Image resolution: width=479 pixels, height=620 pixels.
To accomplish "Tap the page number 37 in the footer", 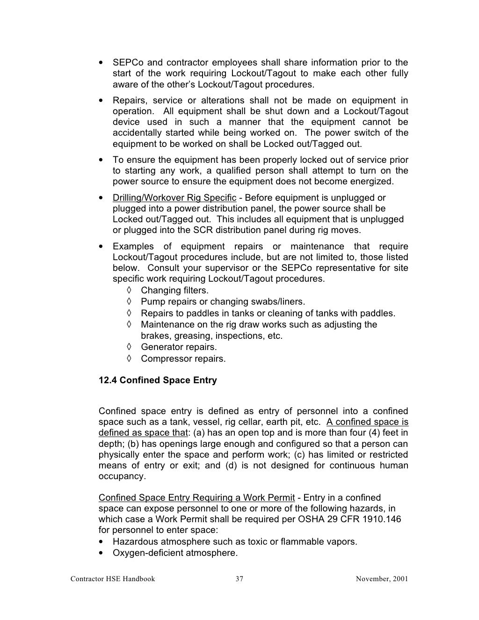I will (239, 579).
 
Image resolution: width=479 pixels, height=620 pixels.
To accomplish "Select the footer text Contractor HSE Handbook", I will (112, 579).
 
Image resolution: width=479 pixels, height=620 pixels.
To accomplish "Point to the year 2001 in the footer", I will (400, 579).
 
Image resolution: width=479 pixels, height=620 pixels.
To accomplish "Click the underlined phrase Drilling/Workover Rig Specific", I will (174, 198).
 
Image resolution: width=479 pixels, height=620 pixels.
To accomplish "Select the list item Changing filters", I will (174, 291).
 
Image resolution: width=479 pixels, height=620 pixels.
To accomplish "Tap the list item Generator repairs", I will (179, 347).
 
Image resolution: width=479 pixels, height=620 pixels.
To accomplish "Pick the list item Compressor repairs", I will (183, 359).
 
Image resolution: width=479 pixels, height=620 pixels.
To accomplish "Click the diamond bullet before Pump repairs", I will (129, 302).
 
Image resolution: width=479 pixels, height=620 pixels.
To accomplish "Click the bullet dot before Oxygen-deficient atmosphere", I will (102, 553).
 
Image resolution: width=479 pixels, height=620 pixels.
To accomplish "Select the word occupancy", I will (122, 476).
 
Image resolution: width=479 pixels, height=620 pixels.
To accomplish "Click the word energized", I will (372, 182).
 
